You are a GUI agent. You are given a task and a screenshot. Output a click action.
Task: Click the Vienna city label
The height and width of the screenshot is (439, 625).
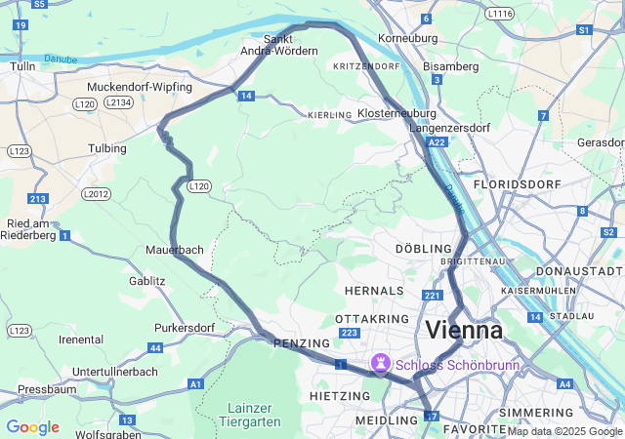[x=464, y=330]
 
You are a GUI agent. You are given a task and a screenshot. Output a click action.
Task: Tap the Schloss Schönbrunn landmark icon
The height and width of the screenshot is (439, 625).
[x=380, y=365]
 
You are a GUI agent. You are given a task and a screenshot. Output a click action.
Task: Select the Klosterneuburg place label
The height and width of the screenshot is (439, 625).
[x=396, y=114]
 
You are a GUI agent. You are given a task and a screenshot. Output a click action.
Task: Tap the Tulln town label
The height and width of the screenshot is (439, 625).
[x=21, y=66]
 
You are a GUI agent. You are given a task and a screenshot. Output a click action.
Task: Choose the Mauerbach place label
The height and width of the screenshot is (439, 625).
[x=175, y=250]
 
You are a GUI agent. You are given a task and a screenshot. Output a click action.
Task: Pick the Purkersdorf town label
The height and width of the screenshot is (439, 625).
[x=184, y=328]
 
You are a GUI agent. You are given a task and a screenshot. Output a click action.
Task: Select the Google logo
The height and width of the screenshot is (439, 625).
[x=32, y=427]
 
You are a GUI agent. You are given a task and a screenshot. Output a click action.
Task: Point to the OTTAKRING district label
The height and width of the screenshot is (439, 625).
[x=363, y=319]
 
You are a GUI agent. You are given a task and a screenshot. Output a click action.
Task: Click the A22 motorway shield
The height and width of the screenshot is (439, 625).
[x=437, y=142]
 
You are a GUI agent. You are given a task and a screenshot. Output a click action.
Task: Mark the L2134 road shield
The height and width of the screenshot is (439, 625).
[x=118, y=101]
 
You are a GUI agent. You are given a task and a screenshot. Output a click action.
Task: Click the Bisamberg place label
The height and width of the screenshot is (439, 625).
[x=451, y=66]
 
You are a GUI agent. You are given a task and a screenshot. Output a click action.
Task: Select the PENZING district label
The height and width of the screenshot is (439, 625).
[x=295, y=343]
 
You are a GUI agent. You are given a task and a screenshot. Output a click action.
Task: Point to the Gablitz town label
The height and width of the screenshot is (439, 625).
[x=147, y=281]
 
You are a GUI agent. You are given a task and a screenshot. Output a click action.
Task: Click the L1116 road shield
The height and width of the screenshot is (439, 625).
[x=498, y=14]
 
